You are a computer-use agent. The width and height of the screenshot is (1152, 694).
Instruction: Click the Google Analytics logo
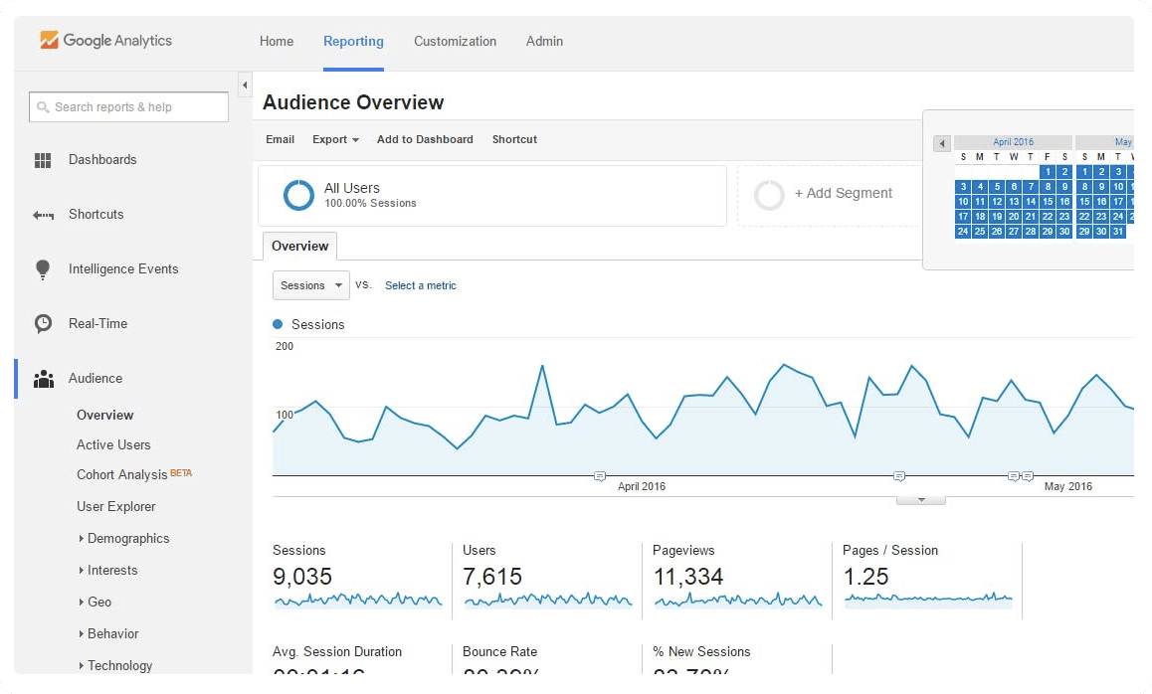click(x=105, y=41)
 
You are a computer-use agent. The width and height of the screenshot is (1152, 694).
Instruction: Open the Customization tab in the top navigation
click(x=455, y=42)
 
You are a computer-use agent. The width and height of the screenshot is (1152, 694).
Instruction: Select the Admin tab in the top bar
click(x=544, y=42)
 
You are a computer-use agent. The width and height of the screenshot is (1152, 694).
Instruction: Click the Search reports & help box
click(x=129, y=107)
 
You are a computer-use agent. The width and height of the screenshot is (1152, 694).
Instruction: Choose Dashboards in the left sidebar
click(x=102, y=160)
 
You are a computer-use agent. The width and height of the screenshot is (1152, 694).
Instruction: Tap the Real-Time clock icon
click(x=43, y=324)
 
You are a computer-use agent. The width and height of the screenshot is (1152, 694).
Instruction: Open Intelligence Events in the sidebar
click(x=123, y=269)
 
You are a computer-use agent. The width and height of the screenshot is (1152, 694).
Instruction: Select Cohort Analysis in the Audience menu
click(x=122, y=475)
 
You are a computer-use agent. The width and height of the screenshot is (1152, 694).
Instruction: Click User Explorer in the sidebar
click(x=116, y=507)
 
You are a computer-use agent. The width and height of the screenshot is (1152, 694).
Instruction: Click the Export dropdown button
click(x=335, y=140)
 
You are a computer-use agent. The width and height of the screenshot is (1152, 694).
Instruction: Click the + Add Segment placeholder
click(x=843, y=194)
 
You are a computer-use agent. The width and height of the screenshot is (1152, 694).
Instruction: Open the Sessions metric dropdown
click(x=310, y=285)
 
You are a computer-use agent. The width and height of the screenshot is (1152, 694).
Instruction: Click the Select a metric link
click(x=421, y=286)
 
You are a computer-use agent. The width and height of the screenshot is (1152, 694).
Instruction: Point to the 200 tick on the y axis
click(x=285, y=347)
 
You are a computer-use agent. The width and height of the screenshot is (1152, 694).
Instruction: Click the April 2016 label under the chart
click(x=642, y=487)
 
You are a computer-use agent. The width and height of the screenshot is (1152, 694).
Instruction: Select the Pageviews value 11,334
click(x=688, y=577)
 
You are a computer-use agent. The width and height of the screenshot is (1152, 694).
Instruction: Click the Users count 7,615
click(x=492, y=577)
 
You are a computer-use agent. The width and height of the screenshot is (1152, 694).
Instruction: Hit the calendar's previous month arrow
click(x=942, y=143)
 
